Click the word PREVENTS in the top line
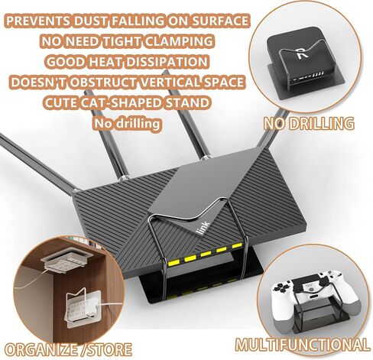(37, 21)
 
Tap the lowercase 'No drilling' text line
(127, 124)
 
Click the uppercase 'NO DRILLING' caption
(309, 124)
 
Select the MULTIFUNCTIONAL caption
(302, 345)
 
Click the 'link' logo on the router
(203, 228)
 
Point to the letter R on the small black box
(303, 53)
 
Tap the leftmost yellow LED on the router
(174, 261)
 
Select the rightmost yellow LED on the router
(237, 245)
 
